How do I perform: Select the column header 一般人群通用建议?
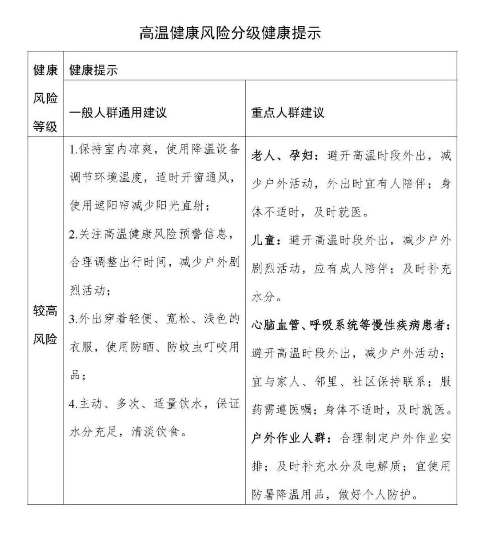pyautogui.click(x=118, y=112)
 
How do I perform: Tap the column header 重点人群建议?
pyautogui.click(x=288, y=112)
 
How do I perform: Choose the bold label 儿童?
pyautogui.click(x=264, y=240)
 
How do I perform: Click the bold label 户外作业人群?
pyautogui.click(x=289, y=438)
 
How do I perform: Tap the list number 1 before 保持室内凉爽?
pyautogui.click(x=73, y=149)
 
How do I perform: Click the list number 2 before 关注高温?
pyautogui.click(x=73, y=234)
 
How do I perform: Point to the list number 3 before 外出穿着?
pyautogui.click(x=73, y=319)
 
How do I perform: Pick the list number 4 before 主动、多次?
pyautogui.click(x=73, y=403)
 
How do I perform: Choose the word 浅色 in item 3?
pyautogui.click(x=216, y=319)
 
